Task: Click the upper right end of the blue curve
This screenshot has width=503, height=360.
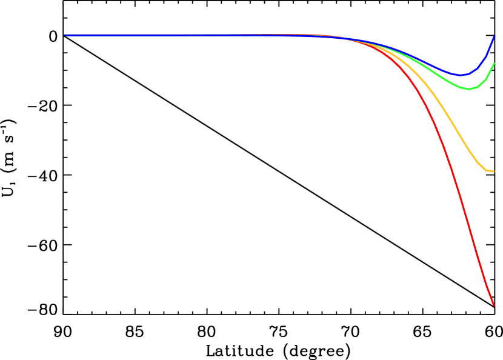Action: tap(494, 36)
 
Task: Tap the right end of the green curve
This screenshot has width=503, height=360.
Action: tap(494, 63)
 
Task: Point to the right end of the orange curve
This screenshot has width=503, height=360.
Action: tap(493, 172)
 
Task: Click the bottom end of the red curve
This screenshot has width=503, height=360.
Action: tap(494, 305)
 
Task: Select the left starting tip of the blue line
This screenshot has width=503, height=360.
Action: tap(65, 35)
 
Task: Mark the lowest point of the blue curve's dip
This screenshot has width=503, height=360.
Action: tap(460, 75)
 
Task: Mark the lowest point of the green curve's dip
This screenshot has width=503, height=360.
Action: tap(468, 89)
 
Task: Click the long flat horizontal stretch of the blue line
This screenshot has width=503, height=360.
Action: tap(182, 36)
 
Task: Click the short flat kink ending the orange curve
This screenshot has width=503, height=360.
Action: tap(489, 171)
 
